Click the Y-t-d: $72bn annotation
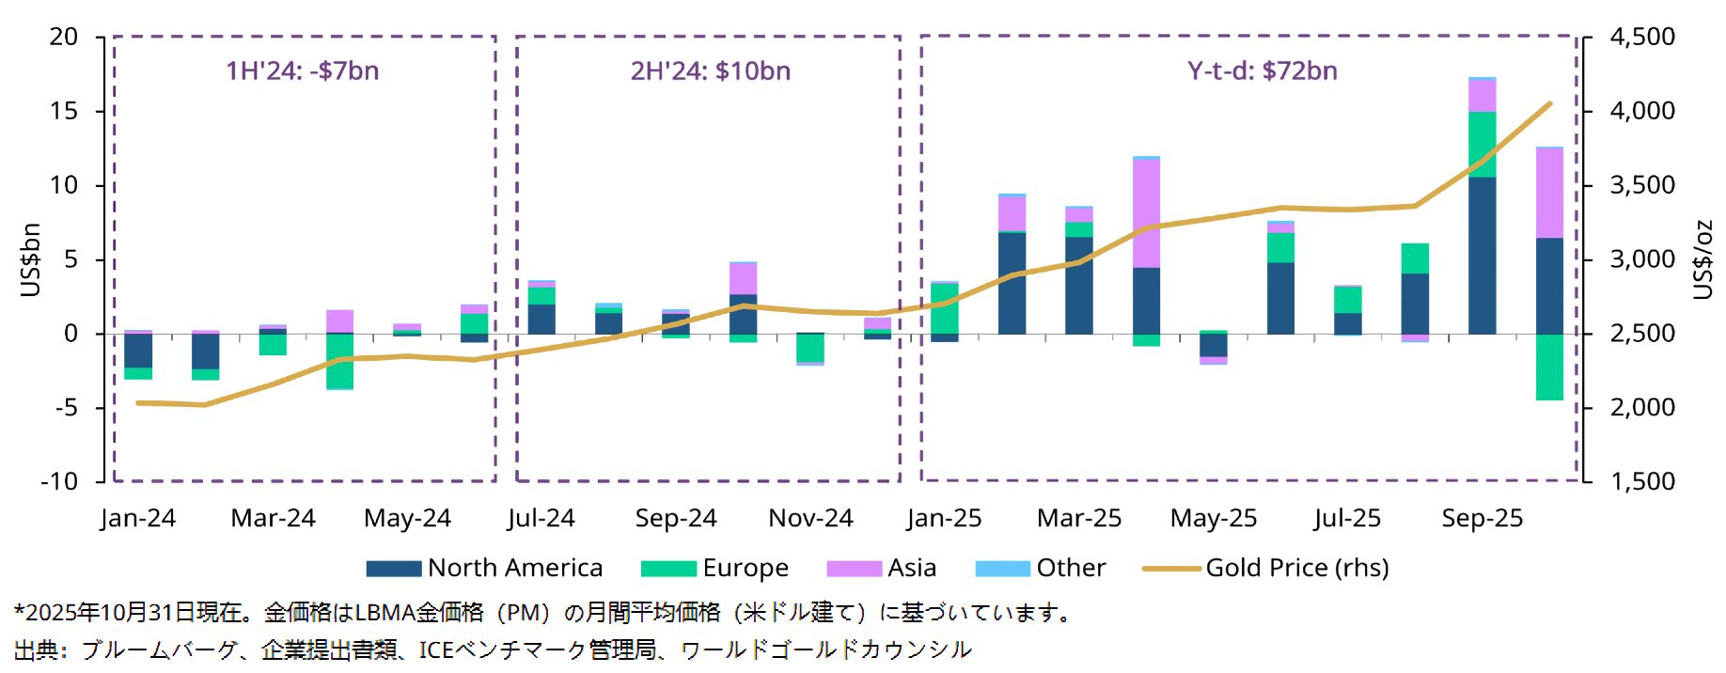tap(1262, 70)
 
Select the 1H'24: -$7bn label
tap(303, 70)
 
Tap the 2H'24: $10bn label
tap(710, 70)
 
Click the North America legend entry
tap(485, 568)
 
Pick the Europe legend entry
tap(715, 568)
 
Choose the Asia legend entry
tap(882, 568)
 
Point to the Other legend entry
tap(1042, 568)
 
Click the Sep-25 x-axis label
tap(1482, 518)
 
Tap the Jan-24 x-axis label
tap(137, 518)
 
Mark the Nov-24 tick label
tap(810, 518)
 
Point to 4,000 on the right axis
tap(1642, 111)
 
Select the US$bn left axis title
tap(30, 259)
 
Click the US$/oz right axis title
tap(1702, 259)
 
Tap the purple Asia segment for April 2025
tap(1146, 212)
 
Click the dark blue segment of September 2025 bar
tap(1482, 256)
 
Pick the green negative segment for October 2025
tap(1549, 367)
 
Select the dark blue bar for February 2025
tap(1012, 283)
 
